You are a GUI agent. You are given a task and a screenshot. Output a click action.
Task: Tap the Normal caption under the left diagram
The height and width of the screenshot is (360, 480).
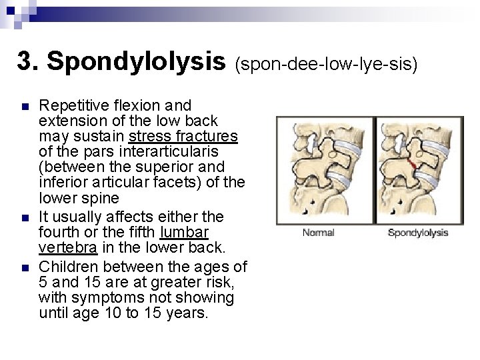pyautogui.click(x=319, y=233)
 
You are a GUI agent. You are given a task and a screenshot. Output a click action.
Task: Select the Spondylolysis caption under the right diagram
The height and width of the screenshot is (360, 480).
pyautogui.click(x=418, y=233)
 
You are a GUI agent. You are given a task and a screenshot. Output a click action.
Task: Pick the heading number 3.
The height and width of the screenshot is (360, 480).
pyautogui.click(x=27, y=61)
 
